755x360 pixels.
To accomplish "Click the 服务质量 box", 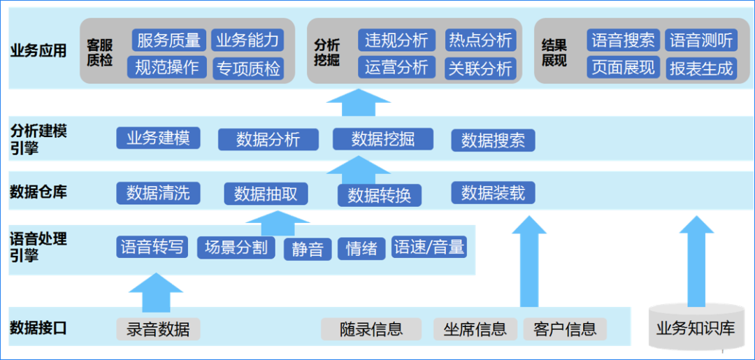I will [168, 40].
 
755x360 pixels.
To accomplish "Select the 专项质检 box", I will [248, 69].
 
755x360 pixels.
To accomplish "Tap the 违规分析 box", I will [396, 40].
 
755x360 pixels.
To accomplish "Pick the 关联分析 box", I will [480, 69].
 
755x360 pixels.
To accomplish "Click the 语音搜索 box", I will [623, 40].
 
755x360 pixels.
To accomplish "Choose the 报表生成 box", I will [701, 69].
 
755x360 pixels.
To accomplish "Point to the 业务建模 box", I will [158, 138].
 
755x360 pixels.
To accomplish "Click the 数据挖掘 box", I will [382, 139].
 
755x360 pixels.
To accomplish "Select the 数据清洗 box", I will [158, 192].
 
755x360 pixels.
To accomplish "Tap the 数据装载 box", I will [493, 192].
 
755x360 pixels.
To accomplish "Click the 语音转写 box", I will [152, 247].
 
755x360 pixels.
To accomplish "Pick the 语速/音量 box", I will [429, 247].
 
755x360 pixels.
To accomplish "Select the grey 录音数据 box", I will [158, 329].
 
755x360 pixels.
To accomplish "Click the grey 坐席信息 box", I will [475, 329].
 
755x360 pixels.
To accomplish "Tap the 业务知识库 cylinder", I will [696, 327].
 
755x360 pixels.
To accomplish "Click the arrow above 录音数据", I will [155, 292].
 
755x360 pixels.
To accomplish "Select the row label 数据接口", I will [38, 327].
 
